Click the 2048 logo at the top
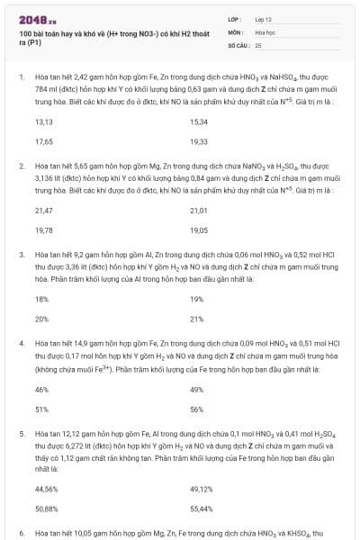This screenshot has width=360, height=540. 31,19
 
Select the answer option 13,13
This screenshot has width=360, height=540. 43,121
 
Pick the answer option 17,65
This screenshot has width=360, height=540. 43,141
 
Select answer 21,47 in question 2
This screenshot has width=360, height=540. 43,210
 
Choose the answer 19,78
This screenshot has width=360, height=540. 43,229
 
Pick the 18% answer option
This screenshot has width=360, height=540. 41,299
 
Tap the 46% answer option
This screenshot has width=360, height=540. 41,389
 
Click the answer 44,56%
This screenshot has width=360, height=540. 46,489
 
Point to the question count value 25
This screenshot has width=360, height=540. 258,44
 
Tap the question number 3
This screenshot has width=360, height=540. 22,255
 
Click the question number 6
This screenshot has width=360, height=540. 22,534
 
